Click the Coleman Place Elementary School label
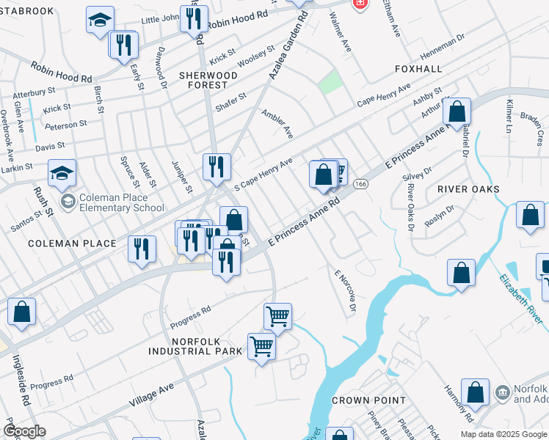click(x=122, y=202)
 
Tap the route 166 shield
click(x=360, y=183)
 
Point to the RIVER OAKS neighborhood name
click(x=468, y=189)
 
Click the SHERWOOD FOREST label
click(x=208, y=80)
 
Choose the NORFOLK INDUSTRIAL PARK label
click(x=196, y=346)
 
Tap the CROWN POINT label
click(x=368, y=400)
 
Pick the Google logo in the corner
click(x=24, y=430)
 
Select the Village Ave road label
click(x=151, y=396)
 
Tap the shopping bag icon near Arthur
click(x=457, y=112)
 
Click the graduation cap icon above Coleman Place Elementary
click(x=62, y=173)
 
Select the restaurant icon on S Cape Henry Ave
click(x=217, y=166)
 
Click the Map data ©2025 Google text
click(x=503, y=434)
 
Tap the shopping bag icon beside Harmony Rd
click(x=476, y=392)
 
